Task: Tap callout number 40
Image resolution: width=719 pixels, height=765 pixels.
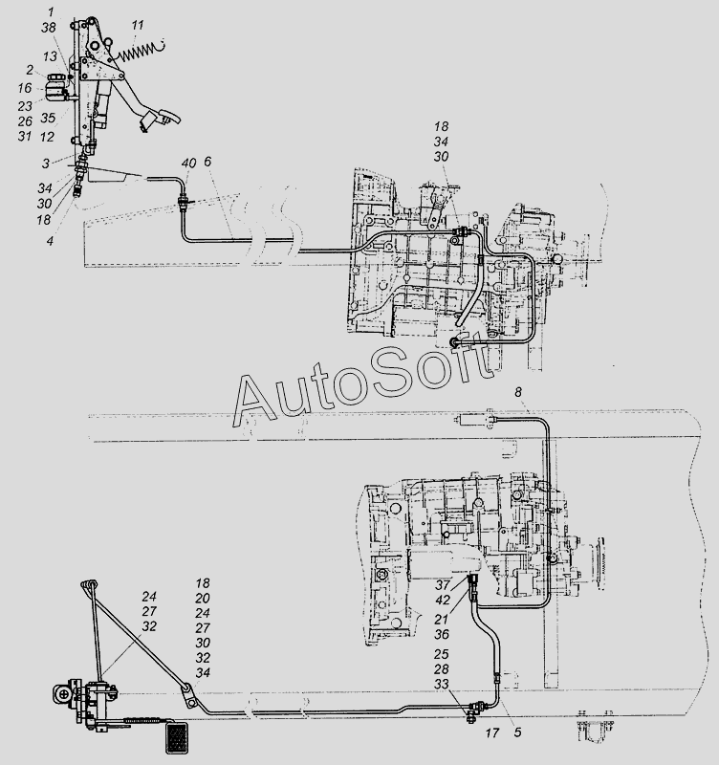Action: pyautogui.click(x=188, y=163)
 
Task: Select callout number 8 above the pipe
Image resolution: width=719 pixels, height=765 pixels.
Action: pyautogui.click(x=517, y=392)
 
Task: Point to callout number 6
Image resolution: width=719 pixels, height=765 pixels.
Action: pyautogui.click(x=207, y=162)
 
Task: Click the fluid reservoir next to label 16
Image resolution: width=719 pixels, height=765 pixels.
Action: pyautogui.click(x=58, y=88)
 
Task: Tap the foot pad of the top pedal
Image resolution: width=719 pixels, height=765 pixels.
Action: pyautogui.click(x=160, y=118)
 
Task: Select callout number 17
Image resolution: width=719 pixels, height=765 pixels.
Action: pyautogui.click(x=492, y=732)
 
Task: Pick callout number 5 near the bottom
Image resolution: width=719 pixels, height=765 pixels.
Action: pyautogui.click(x=517, y=732)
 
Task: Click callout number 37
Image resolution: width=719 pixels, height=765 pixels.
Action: pyautogui.click(x=442, y=584)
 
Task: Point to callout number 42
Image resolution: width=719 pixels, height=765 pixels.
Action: pyautogui.click(x=443, y=600)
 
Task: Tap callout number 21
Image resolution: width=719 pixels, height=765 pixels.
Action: pyautogui.click(x=442, y=619)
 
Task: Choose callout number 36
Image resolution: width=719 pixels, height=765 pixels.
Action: pyautogui.click(x=442, y=634)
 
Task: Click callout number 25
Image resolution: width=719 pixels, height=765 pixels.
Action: pyautogui.click(x=442, y=654)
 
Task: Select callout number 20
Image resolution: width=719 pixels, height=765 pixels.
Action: pyautogui.click(x=203, y=599)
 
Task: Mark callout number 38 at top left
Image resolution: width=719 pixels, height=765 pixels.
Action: pyautogui.click(x=49, y=28)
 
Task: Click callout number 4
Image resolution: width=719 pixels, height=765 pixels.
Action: pyautogui.click(x=50, y=241)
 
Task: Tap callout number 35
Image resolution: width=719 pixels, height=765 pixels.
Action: pyautogui.click(x=48, y=118)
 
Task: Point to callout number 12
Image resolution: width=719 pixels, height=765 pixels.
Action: pyautogui.click(x=47, y=137)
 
